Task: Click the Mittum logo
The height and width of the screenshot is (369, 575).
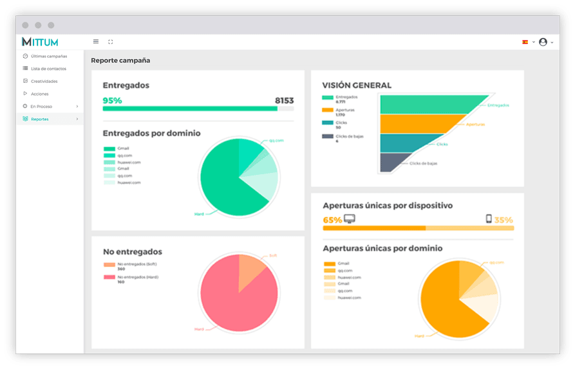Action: [x=40, y=42]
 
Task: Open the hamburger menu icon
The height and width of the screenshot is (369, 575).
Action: [x=96, y=42]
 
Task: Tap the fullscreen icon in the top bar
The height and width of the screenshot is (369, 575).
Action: [x=111, y=42]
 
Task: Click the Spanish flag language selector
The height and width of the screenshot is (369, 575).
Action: [x=525, y=42]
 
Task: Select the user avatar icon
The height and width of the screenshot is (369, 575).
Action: [x=543, y=42]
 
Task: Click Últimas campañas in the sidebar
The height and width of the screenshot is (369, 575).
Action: [x=48, y=57]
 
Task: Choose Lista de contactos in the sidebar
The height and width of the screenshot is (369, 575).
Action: [x=48, y=69]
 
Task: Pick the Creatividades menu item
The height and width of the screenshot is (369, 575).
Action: [x=44, y=82]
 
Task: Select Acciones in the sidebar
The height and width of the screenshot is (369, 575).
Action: [x=39, y=94]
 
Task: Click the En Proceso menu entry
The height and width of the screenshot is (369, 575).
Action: [x=41, y=107]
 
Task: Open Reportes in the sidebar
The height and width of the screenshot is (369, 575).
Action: [x=40, y=119]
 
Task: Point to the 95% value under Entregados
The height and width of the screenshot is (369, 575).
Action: [x=112, y=100]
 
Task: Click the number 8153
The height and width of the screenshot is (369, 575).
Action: [x=284, y=100]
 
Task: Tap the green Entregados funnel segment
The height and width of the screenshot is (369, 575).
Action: [x=425, y=104]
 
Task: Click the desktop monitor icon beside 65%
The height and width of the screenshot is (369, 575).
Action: [x=350, y=219]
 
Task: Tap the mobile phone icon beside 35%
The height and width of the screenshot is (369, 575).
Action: [x=489, y=219]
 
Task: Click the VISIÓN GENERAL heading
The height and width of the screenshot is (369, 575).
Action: [x=357, y=85]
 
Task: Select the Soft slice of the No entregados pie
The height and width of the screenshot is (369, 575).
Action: [x=250, y=265]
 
